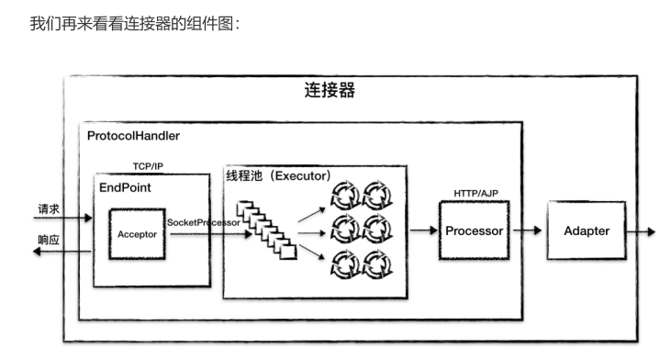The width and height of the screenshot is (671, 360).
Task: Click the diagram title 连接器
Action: [330, 90]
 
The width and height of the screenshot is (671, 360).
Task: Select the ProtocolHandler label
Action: [133, 136]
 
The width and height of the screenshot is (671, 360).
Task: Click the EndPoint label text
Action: [125, 186]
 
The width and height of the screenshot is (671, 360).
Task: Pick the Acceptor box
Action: [137, 234]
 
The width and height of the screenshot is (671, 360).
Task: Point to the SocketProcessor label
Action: [204, 222]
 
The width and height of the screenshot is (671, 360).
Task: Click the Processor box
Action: [474, 231]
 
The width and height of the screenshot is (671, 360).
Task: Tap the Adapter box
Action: [586, 231]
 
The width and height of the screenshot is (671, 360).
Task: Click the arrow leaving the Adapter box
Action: [643, 231]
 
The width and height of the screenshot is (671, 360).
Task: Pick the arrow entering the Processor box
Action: [423, 231]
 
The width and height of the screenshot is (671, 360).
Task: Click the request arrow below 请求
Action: [64, 219]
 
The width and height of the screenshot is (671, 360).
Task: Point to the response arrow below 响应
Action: [64, 251]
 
